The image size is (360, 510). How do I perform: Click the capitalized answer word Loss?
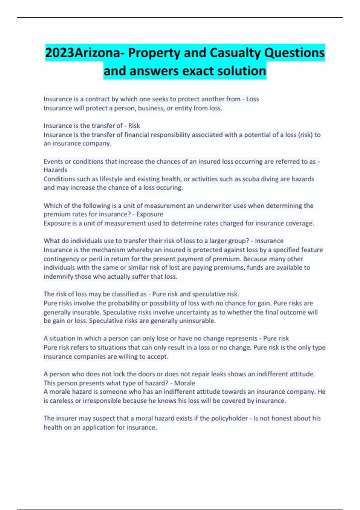253,99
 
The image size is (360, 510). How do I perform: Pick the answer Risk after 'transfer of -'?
134,126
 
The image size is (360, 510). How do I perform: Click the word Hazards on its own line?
55,170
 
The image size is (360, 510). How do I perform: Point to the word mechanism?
109,250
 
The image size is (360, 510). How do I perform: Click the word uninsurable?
197,321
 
